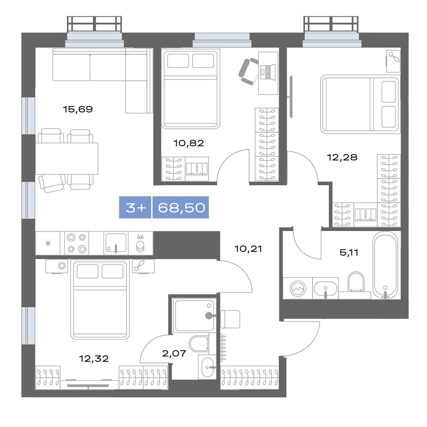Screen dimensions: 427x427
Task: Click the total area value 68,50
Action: pyautogui.click(x=181, y=207)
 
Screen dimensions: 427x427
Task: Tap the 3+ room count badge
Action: pyautogui.click(x=136, y=207)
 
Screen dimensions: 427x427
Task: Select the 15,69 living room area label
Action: pyautogui.click(x=78, y=109)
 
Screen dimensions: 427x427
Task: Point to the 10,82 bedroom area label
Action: pyautogui.click(x=189, y=143)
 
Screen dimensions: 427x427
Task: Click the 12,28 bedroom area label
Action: pyautogui.click(x=342, y=157)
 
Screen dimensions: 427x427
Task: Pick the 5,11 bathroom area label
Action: pyautogui.click(x=349, y=252)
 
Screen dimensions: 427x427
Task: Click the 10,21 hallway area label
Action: pyautogui.click(x=248, y=249)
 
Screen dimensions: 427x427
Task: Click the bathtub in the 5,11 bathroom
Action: pyautogui.click(x=386, y=266)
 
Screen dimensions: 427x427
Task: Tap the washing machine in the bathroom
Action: pyautogui.click(x=298, y=288)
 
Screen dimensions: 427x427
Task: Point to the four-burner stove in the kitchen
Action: pyautogui.click(x=77, y=243)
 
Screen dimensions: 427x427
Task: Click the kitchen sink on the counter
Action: pyautogui.click(x=116, y=243)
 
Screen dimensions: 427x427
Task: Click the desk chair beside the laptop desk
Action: pyautogui.click(x=248, y=72)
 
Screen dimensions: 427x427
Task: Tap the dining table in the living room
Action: pyautogui.click(x=67, y=159)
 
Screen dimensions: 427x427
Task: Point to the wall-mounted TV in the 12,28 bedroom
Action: pyautogui.click(x=290, y=97)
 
